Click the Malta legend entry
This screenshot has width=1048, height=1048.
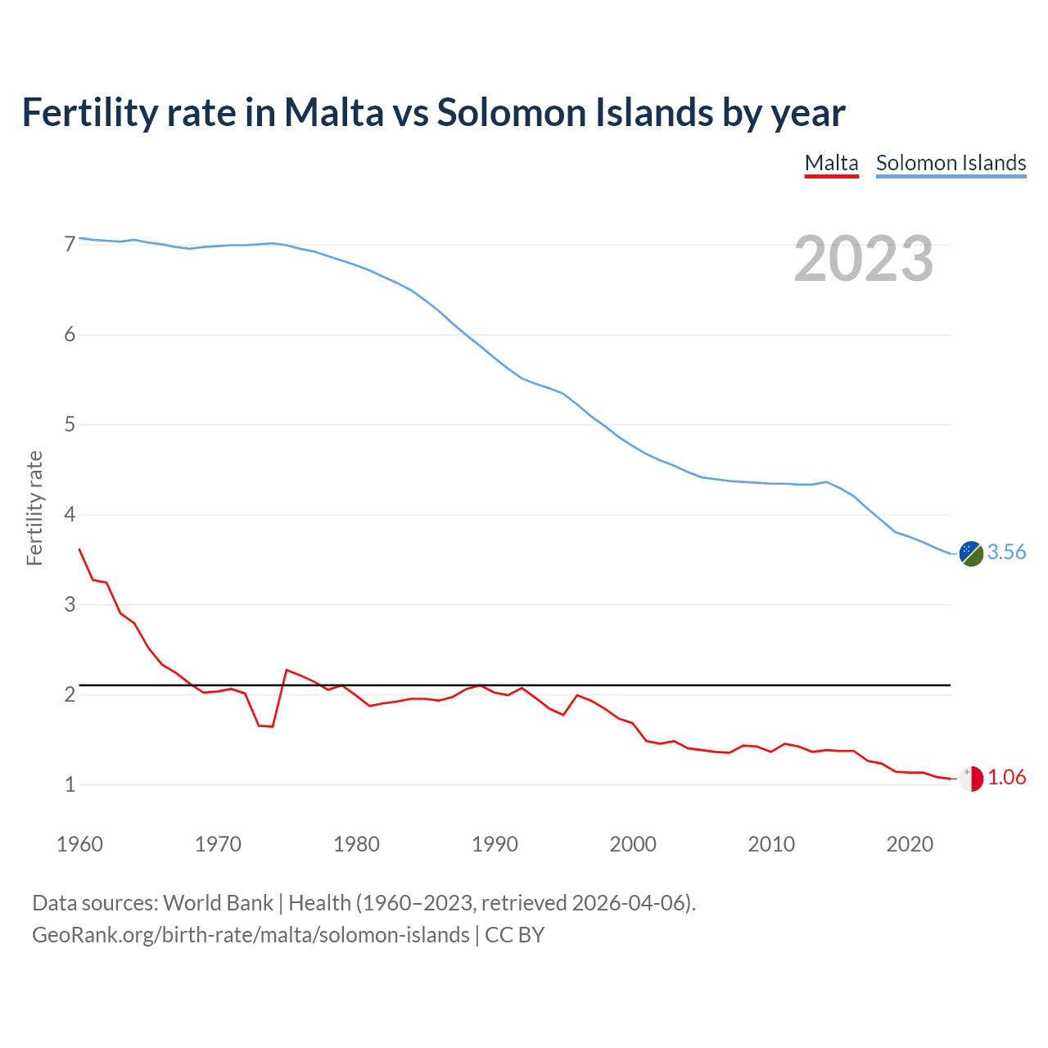coord(831,163)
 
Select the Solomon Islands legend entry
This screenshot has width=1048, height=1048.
coord(951,163)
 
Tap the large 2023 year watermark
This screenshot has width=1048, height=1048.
coord(864,259)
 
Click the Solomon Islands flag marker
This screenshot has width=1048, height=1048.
coord(970,553)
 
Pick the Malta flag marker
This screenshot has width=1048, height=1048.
coord(970,779)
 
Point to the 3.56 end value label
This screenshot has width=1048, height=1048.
coord(1006,553)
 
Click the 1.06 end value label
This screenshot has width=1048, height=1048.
coord(1006,778)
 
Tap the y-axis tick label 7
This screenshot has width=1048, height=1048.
coord(70,244)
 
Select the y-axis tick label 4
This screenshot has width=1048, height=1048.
coord(70,515)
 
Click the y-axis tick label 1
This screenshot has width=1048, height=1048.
coord(70,785)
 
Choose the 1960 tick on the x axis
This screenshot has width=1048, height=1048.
coord(79,844)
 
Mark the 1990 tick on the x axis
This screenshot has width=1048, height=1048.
coord(495,844)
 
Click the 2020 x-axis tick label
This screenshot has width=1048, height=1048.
coord(910,844)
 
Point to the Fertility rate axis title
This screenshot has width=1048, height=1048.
coord(34,508)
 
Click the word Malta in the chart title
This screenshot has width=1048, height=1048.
coord(333,113)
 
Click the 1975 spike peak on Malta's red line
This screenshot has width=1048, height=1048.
coord(287,671)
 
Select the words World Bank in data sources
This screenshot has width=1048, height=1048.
coord(218,903)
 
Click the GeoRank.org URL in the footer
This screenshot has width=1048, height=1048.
coord(251,935)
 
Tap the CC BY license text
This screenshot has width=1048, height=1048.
coord(515,935)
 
